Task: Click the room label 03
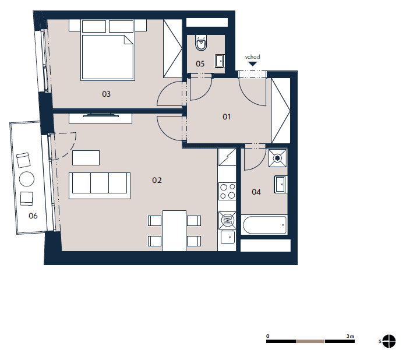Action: (x=106, y=94)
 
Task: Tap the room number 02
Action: (x=157, y=180)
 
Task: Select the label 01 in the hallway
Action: (x=227, y=117)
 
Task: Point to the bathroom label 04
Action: (x=256, y=192)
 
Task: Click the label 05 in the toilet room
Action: (x=200, y=63)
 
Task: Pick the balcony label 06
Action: (x=33, y=216)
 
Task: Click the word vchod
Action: (x=252, y=57)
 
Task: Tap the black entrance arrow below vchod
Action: (x=252, y=63)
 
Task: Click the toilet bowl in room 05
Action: (x=201, y=43)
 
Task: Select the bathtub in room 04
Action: (x=264, y=225)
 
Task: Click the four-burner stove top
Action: (x=227, y=191)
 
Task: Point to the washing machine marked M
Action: (x=227, y=220)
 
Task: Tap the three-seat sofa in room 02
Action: (x=100, y=186)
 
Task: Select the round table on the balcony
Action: (x=27, y=179)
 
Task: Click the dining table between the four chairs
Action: (x=174, y=231)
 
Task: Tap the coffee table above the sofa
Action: (x=86, y=158)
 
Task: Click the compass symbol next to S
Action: (x=389, y=341)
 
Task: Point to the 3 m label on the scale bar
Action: (x=350, y=336)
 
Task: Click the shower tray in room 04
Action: (x=278, y=158)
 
